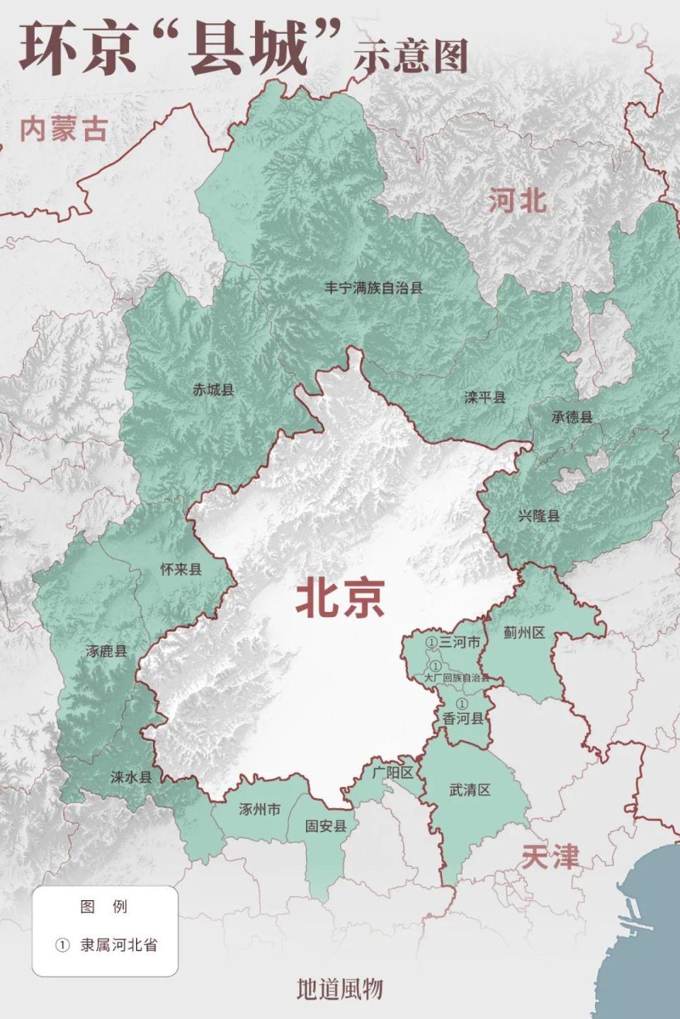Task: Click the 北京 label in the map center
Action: coord(341,598)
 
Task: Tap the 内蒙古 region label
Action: coord(64,129)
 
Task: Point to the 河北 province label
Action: coord(518,201)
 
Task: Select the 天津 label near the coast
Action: coord(550,858)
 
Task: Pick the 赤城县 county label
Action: coord(213,389)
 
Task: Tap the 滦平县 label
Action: coord(485,398)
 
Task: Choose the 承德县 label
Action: coord(572,417)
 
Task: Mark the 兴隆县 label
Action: coord(538,515)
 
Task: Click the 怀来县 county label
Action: coord(181,569)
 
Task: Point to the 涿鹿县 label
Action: coord(106,651)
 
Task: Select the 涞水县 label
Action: coord(131,777)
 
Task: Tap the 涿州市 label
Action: coord(259,810)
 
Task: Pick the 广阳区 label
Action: coord(392,773)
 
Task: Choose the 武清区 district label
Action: coord(470,790)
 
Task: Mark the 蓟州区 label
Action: coord(524,633)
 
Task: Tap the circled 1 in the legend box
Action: coord(62,945)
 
